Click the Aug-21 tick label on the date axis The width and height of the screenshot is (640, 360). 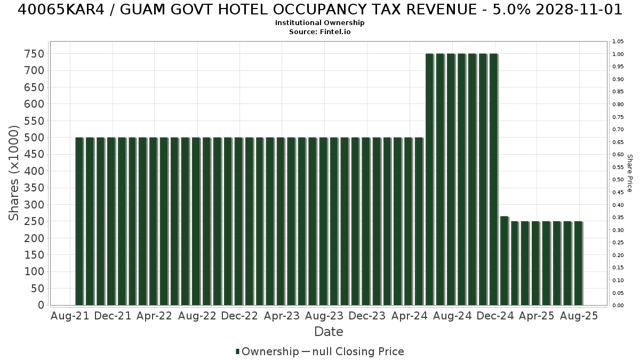[x=70, y=316]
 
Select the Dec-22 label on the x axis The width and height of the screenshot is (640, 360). [x=239, y=316]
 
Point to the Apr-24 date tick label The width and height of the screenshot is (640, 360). [x=410, y=316]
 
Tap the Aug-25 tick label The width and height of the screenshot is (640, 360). [x=579, y=316]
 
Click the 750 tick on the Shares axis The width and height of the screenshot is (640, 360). [x=35, y=54]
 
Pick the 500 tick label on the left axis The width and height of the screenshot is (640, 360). [x=35, y=138]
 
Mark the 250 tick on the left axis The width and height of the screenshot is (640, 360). [x=35, y=221]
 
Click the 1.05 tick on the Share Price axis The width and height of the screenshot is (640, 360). [x=618, y=42]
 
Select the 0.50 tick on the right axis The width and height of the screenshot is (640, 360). [x=618, y=180]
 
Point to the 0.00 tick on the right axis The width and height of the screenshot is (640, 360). [x=618, y=306]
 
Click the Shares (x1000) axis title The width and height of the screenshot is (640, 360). [x=13, y=173]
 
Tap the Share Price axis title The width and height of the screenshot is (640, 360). [x=629, y=173]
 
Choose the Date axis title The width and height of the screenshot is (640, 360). [x=329, y=332]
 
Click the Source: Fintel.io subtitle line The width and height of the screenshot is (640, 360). [x=319, y=31]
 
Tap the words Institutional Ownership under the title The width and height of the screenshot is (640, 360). [x=319, y=22]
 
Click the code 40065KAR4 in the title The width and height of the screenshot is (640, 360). [x=61, y=10]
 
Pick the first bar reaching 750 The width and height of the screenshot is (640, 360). [x=430, y=179]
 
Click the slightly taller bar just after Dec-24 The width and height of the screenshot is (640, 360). [x=505, y=261]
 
